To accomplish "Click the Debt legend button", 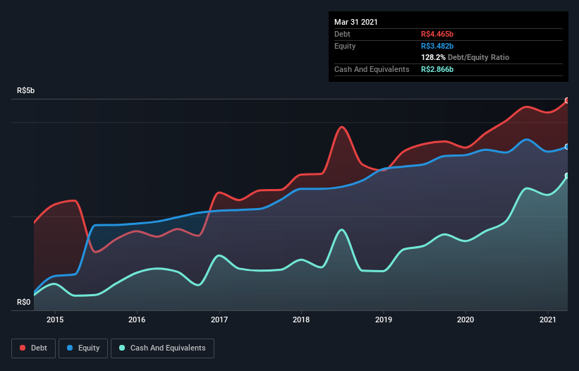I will [32, 348].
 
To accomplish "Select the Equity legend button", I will [84, 348].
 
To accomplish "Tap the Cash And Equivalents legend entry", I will [162, 348].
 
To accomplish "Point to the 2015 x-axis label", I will [55, 320].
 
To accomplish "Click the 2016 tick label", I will [137, 320].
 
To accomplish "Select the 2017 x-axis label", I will [219, 320].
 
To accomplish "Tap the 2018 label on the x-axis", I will [301, 320].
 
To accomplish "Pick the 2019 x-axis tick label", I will [383, 320].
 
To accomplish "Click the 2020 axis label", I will [465, 320].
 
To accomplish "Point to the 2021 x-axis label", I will [547, 320].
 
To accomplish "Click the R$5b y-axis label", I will [25, 91].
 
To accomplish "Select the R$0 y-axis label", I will [24, 303].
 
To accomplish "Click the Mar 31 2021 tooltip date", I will [356, 22].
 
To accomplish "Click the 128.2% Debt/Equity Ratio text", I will [465, 57].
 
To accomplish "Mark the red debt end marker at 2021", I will [567, 101].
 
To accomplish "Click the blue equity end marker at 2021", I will [567, 147].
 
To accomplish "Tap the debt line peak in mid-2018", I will [342, 127].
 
